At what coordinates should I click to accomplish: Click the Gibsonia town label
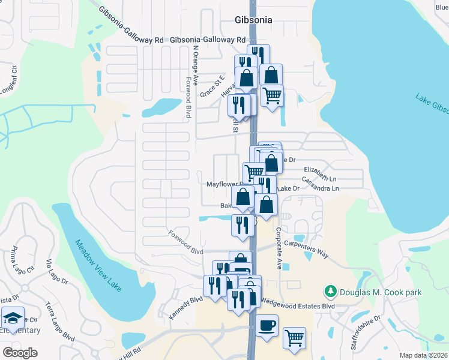pos(253,20)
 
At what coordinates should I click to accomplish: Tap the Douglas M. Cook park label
pos(380,292)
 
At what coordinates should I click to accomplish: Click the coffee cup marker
pos(267,325)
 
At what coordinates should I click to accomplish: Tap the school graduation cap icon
pos(13,317)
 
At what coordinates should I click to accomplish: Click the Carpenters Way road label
pos(306,250)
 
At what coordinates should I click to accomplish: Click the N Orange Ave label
pos(195,65)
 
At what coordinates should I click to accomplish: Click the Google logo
pos(19,352)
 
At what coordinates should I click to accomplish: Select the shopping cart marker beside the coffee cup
pos(294,338)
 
